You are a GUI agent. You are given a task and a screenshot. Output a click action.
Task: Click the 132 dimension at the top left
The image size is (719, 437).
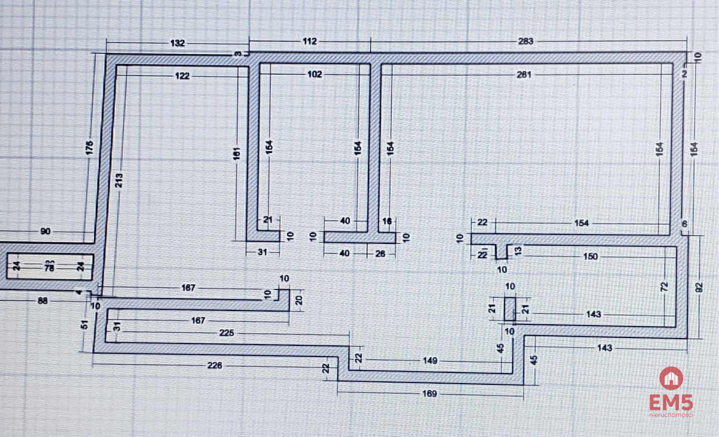point(178,43)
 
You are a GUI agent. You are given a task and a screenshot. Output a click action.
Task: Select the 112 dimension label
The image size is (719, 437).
point(309,41)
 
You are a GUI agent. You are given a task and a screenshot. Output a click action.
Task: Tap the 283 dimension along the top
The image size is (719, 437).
point(525,41)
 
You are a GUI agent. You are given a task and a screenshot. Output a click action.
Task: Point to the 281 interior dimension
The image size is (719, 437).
point(524,74)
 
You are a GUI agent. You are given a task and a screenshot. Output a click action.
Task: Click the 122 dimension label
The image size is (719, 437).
point(183,76)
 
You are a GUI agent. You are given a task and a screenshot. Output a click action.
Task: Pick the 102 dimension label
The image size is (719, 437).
point(315,74)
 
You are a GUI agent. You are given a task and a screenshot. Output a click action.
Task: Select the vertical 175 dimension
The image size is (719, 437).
point(90,148)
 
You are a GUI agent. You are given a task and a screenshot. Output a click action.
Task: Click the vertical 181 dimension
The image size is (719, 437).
point(237,154)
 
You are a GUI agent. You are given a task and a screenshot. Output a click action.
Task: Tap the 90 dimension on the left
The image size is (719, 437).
point(46,231)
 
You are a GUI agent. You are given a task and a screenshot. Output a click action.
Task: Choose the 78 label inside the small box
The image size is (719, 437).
point(50,267)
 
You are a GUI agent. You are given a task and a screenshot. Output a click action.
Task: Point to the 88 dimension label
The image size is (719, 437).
point(43,301)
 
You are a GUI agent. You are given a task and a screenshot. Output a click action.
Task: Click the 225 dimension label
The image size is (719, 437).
point(227,333)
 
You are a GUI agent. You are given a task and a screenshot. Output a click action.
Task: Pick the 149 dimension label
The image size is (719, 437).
point(430,361)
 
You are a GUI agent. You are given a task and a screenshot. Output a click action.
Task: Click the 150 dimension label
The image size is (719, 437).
point(590,257)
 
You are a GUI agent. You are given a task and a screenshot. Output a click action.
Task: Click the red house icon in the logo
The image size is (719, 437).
point(671,378)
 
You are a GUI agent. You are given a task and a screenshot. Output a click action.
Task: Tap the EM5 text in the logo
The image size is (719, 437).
point(670,403)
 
